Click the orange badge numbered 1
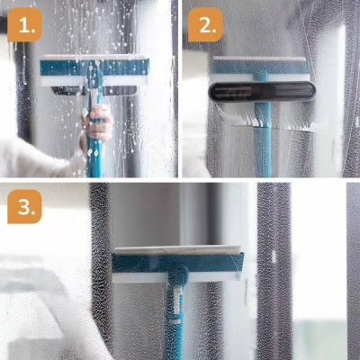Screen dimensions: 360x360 24,24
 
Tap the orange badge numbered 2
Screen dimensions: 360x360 205,24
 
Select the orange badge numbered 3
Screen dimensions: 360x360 24,206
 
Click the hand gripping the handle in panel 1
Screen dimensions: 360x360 96,123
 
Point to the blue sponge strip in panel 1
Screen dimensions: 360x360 94,68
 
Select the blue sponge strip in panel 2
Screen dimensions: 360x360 260,67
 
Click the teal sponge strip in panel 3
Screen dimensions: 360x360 177,263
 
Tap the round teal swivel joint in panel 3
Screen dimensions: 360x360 178,274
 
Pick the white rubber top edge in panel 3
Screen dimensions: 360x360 177,250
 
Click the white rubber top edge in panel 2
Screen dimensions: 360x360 259,58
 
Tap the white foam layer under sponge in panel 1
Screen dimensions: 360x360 94,81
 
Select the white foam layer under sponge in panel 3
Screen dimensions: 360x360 177,277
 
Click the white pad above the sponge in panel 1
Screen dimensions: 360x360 94,57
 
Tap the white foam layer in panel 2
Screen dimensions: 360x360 260,77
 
